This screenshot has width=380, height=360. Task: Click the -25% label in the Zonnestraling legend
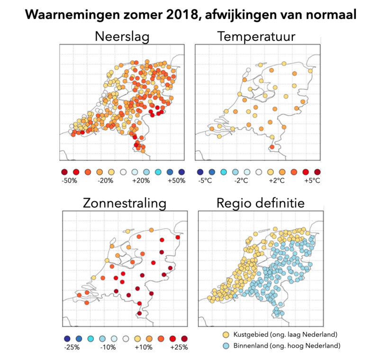(72, 347)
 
